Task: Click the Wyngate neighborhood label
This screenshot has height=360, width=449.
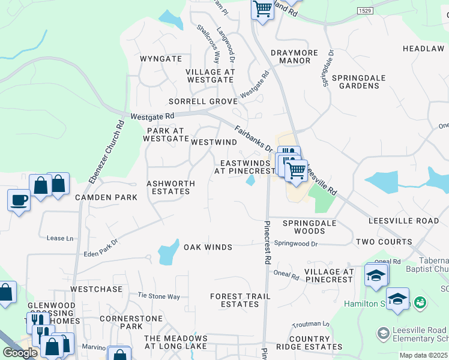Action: click(x=160, y=59)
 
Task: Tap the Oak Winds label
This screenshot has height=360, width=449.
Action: click(x=208, y=247)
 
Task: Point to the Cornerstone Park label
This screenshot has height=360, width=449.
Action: click(x=122, y=322)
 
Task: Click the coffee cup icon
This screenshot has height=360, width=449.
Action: click(x=19, y=200)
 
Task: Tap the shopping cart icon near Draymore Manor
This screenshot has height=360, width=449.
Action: click(x=262, y=10)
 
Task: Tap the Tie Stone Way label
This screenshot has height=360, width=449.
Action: click(x=159, y=296)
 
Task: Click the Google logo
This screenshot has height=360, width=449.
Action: click(x=20, y=353)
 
